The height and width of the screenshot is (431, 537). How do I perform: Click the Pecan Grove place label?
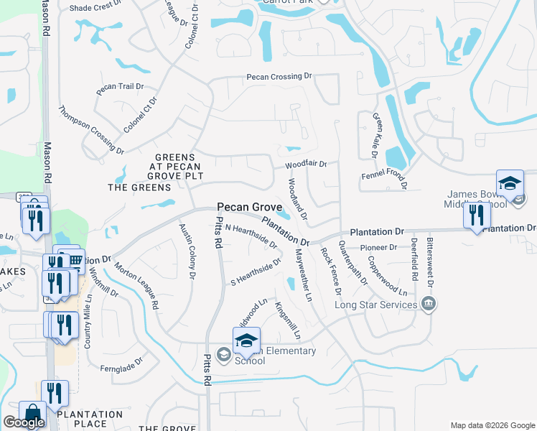pyautogui.click(x=251, y=206)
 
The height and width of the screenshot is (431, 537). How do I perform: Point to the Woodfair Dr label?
pyautogui.click(x=306, y=164)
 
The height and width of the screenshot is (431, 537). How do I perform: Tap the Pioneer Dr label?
pyautogui.click(x=378, y=247)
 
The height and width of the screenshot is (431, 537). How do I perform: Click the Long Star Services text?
pyautogui.click(x=376, y=305)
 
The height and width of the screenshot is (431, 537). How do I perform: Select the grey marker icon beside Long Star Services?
pyautogui.click(x=429, y=303)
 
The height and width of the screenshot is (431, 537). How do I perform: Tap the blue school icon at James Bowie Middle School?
pyautogui.click(x=510, y=183)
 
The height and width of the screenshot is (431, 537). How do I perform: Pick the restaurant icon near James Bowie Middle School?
pyautogui.click(x=477, y=215)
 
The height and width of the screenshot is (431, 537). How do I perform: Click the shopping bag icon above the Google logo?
pyautogui.click(x=32, y=413)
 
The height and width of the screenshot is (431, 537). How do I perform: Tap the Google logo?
pyautogui.click(x=23, y=422)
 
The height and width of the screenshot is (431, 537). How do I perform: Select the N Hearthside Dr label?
pyautogui.click(x=251, y=235)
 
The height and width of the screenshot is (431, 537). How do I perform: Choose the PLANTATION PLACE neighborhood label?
pyautogui.click(x=90, y=419)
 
